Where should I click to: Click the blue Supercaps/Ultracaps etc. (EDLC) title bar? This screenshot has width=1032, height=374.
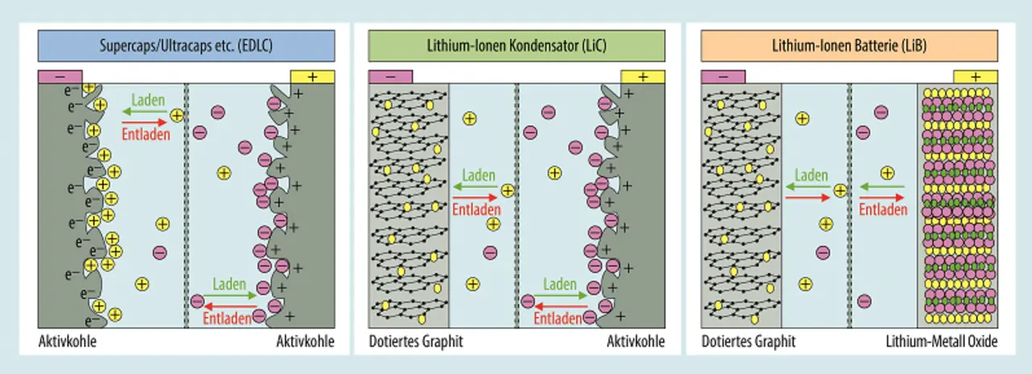point(186,46)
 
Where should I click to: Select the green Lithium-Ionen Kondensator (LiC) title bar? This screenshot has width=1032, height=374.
point(517,46)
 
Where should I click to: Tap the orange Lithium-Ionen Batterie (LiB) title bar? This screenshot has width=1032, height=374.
point(849,46)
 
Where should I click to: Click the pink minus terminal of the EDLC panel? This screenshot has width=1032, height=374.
point(60,77)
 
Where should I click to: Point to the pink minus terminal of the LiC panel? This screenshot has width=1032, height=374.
point(390,77)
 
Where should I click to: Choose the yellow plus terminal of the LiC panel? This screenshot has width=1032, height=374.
point(643,77)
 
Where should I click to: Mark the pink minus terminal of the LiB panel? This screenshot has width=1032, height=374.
point(723,77)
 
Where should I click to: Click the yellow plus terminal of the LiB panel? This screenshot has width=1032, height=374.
point(976,77)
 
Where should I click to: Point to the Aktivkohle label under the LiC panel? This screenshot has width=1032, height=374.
point(636,342)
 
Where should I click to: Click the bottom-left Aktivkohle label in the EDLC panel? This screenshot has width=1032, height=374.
point(68,342)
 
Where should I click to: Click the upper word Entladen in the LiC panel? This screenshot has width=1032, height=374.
point(476,210)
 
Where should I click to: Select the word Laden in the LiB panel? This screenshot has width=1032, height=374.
point(811,176)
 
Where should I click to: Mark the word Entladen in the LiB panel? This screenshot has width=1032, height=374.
point(883,210)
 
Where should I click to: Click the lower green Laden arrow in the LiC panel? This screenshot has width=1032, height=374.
point(560,296)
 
